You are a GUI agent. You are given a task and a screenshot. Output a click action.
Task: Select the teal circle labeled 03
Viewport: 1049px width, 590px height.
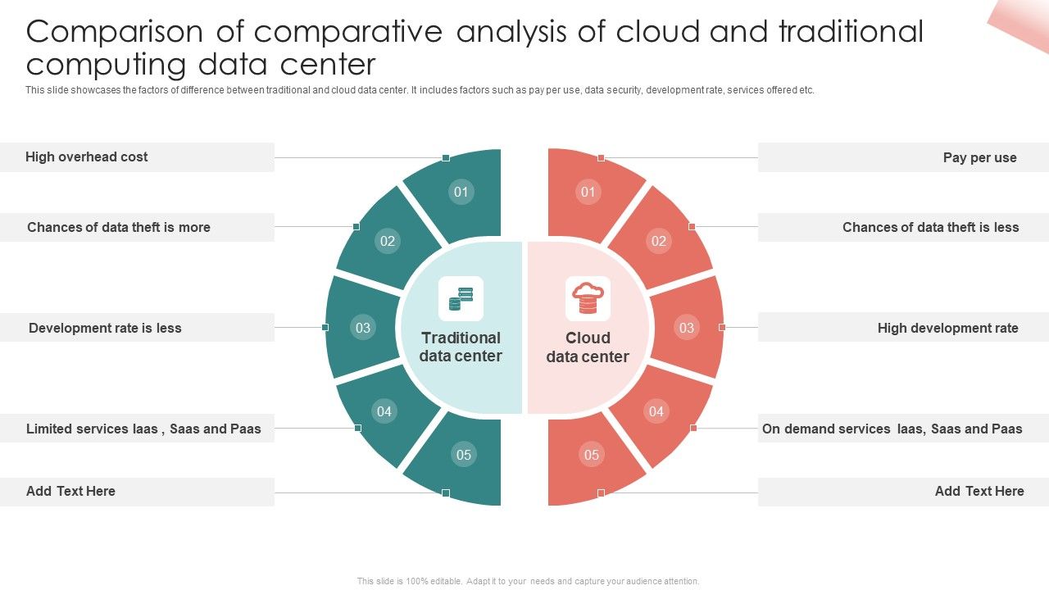(362, 328)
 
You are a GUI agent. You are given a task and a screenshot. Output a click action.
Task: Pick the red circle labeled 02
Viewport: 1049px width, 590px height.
(658, 241)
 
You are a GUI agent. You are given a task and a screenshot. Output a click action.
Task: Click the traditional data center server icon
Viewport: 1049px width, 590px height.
(461, 299)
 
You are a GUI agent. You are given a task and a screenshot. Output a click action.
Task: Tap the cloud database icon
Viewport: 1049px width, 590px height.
(588, 298)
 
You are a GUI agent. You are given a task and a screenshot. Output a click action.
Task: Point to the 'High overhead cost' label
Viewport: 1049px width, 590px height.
(87, 157)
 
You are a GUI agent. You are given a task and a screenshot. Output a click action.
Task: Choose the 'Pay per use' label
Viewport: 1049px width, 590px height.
(979, 158)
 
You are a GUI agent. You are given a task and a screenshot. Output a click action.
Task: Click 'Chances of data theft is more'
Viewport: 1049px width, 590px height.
(119, 228)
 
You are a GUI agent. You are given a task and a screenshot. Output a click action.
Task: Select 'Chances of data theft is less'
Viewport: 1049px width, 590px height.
(930, 228)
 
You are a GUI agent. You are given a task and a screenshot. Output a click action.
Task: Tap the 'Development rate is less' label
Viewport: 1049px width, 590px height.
(105, 329)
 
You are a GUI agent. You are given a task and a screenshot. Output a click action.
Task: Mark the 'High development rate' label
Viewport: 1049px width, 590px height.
(947, 329)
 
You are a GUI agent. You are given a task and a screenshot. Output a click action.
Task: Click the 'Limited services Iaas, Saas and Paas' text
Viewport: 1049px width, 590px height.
(143, 429)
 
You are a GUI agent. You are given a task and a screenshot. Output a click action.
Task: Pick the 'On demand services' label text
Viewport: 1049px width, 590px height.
(892, 429)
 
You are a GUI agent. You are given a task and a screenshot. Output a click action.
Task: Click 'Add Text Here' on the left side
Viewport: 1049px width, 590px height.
(70, 492)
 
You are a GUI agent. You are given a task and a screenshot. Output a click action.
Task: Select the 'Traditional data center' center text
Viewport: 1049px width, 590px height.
(461, 347)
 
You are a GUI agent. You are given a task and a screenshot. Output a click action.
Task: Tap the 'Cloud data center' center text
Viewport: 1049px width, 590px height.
(588, 347)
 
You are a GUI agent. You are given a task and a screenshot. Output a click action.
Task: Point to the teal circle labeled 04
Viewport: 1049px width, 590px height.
(384, 411)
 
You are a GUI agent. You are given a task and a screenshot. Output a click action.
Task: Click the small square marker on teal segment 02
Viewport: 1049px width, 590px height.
(356, 226)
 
